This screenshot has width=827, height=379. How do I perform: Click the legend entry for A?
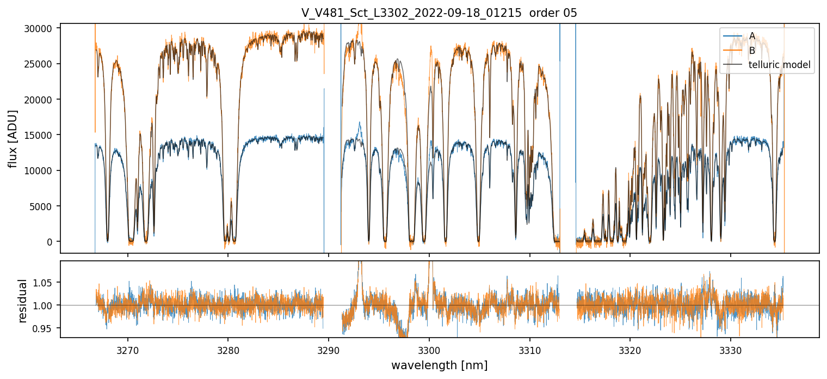pos(752,36)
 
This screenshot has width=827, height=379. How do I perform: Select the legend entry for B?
pos(752,51)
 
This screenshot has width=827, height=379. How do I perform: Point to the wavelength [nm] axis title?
pos(439,365)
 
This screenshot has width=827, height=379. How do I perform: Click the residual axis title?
pos(23,300)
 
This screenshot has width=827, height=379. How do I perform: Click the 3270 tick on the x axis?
pos(128,350)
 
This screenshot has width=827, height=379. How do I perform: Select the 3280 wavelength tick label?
pos(228,350)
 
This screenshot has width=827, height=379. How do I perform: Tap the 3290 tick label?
pos(329,350)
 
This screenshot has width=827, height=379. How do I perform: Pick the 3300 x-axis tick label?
pos(429,350)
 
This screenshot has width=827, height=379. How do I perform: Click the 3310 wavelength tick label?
pos(529,350)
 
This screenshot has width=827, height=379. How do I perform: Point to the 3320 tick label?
pos(630,350)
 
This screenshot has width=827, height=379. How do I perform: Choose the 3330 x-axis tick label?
pos(730,350)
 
